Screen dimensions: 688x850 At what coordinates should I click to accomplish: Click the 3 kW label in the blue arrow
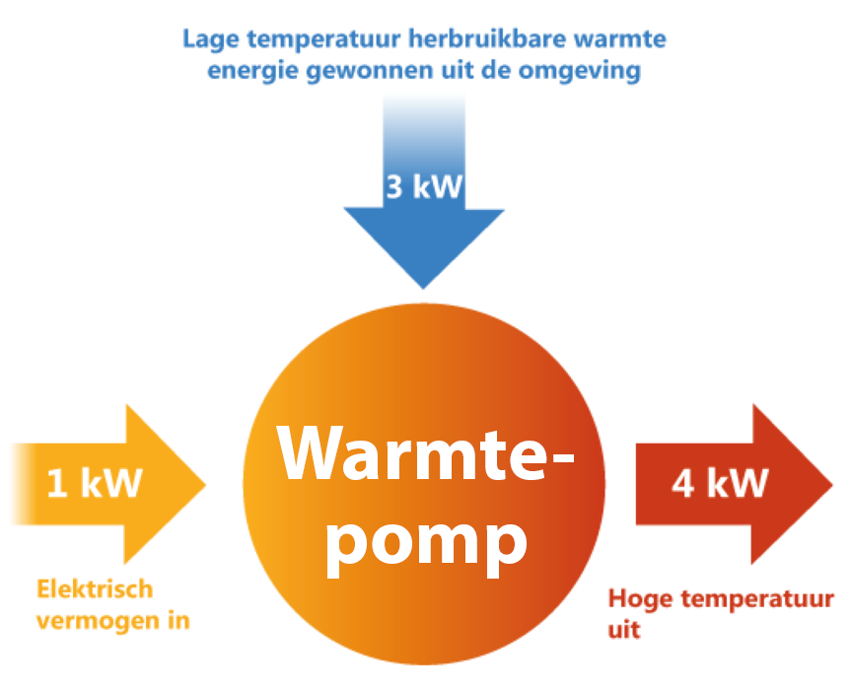coord(424,186)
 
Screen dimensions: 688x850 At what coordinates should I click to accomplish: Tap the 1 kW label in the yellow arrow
coord(95,483)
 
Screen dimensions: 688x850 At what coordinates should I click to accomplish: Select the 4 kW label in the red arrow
coord(720,483)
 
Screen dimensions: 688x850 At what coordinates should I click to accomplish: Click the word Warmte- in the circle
coord(426,452)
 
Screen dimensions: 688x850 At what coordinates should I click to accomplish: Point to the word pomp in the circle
coord(426,540)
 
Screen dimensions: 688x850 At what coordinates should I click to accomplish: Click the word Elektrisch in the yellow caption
coord(95,589)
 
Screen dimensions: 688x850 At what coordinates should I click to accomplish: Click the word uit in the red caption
coord(623,629)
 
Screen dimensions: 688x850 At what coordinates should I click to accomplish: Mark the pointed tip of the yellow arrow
coord(206,484)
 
